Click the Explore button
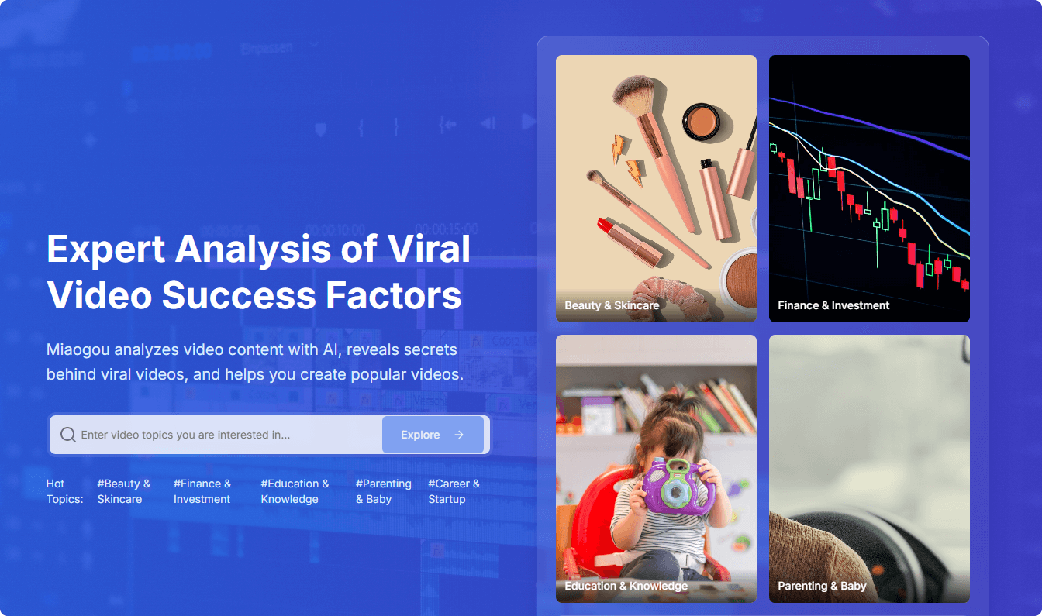point(433,435)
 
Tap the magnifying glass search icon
point(68,435)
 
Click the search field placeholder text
point(185,435)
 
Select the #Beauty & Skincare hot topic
point(124,491)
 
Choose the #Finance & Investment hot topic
point(202,491)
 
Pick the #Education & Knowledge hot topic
point(295,491)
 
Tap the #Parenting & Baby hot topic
point(383,491)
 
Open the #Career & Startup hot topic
point(454,491)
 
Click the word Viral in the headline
point(429,249)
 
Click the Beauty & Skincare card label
point(612,305)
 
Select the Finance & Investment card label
point(833,305)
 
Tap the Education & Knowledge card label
point(626,586)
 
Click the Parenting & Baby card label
point(822,586)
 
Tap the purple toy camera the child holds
point(678,487)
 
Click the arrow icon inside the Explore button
point(459,435)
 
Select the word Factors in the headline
point(394,295)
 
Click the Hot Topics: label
point(64,491)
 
